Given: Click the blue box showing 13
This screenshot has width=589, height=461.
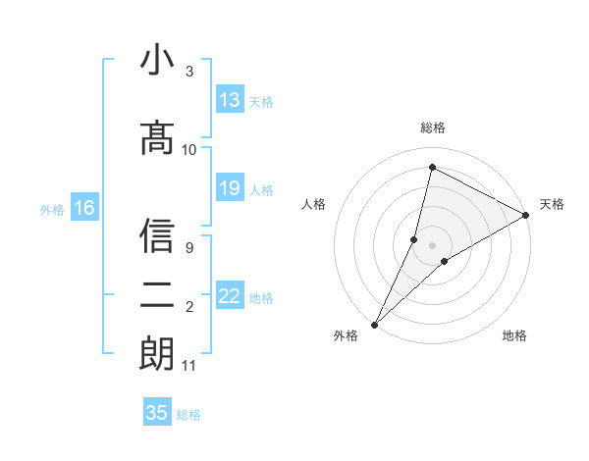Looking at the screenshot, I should pos(230,100).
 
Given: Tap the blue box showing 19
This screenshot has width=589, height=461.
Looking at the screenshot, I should pos(230,188).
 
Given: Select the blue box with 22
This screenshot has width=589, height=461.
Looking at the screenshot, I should pos(230,296).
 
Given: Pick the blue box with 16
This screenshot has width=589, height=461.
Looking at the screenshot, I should pos(84,208).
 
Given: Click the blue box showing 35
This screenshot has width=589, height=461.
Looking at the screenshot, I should pos(157,413).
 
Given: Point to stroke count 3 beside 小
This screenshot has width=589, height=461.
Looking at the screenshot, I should pos(189,72).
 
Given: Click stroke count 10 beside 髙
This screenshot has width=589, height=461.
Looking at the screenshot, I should pos(189,150).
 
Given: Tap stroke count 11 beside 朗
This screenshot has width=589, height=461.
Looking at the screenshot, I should pos(189,366).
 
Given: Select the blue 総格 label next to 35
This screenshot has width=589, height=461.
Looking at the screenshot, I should pos(188,415).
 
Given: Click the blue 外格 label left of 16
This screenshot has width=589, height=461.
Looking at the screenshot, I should pos(51,209).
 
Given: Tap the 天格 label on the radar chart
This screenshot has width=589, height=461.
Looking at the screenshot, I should pos(552,204).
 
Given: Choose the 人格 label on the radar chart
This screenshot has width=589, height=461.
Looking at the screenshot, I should pos(313,204).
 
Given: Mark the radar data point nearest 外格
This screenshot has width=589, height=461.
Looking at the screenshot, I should pos(374,324).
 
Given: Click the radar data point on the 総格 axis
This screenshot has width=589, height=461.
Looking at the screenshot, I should pos(432,168).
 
